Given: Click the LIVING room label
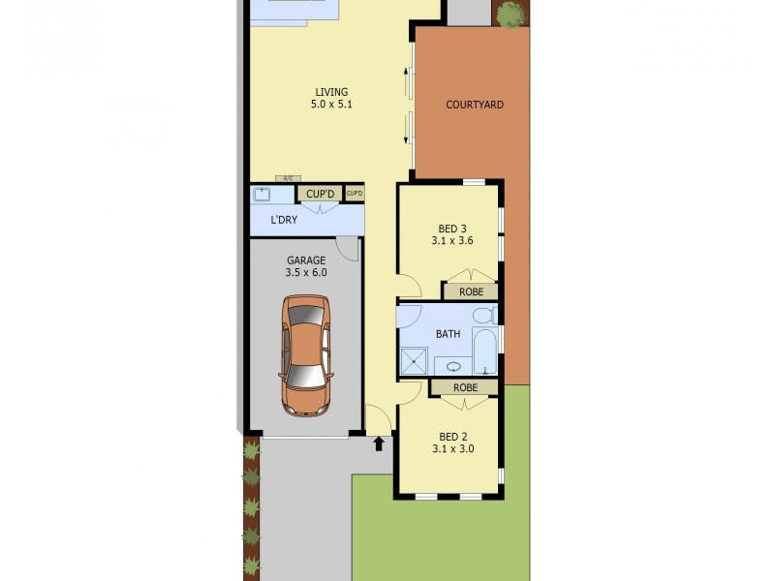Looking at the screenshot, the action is tap(331, 92).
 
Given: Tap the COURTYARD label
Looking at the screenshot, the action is tap(475, 105).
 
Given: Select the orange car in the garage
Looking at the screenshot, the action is tap(306, 355).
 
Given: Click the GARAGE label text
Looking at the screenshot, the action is tap(306, 260).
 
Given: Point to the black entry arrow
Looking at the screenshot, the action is tap(379, 443).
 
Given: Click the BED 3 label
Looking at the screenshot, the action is tap(452, 229).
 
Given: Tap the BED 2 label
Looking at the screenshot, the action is tap(452, 437).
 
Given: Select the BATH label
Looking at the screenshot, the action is tap(448, 334).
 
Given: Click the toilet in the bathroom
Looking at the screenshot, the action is tap(485, 315).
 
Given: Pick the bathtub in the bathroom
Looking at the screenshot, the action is tap(484, 351).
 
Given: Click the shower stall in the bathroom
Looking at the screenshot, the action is tap(414, 361).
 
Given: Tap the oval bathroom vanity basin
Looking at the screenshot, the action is tap(453, 367).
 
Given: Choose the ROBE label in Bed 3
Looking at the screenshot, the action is tap(471, 292).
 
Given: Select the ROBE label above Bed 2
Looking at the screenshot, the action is tap(465, 388).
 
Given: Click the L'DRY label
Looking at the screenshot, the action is tap(284, 220).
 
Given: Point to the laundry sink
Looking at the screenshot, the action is tap(261, 195).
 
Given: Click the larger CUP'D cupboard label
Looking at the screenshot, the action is tap(320, 195).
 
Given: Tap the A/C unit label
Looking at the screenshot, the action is tap(288, 178).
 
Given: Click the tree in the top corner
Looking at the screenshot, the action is tap(511, 14).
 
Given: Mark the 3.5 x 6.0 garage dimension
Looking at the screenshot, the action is tap(306, 273).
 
